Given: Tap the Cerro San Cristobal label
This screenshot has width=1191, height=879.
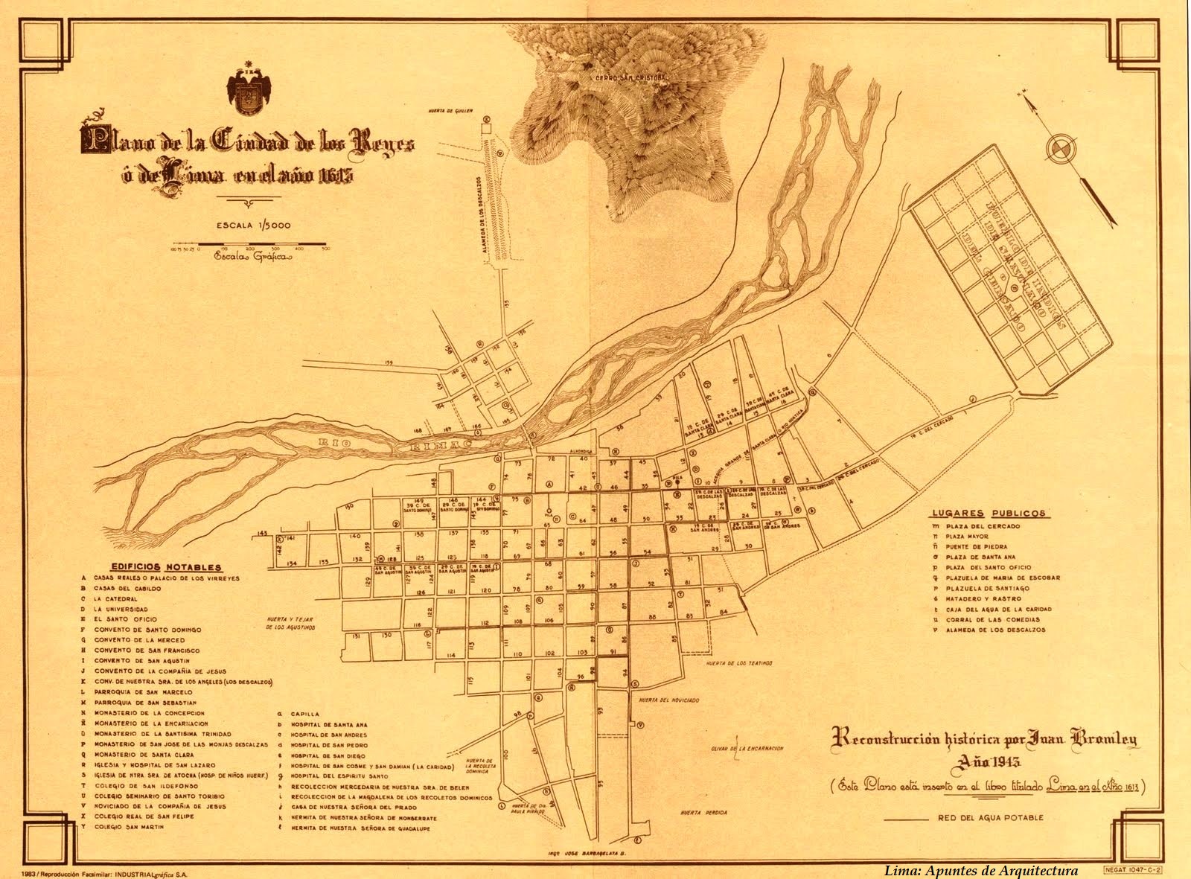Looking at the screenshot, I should tap(627, 77).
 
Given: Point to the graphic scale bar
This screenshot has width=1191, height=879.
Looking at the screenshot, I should tap(250, 244).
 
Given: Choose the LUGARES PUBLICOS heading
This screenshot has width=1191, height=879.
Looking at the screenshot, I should tap(988, 514).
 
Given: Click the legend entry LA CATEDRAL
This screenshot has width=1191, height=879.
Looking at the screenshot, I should tap(115, 598).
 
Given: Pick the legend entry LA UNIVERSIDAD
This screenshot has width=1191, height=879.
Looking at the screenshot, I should tap(121, 609).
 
